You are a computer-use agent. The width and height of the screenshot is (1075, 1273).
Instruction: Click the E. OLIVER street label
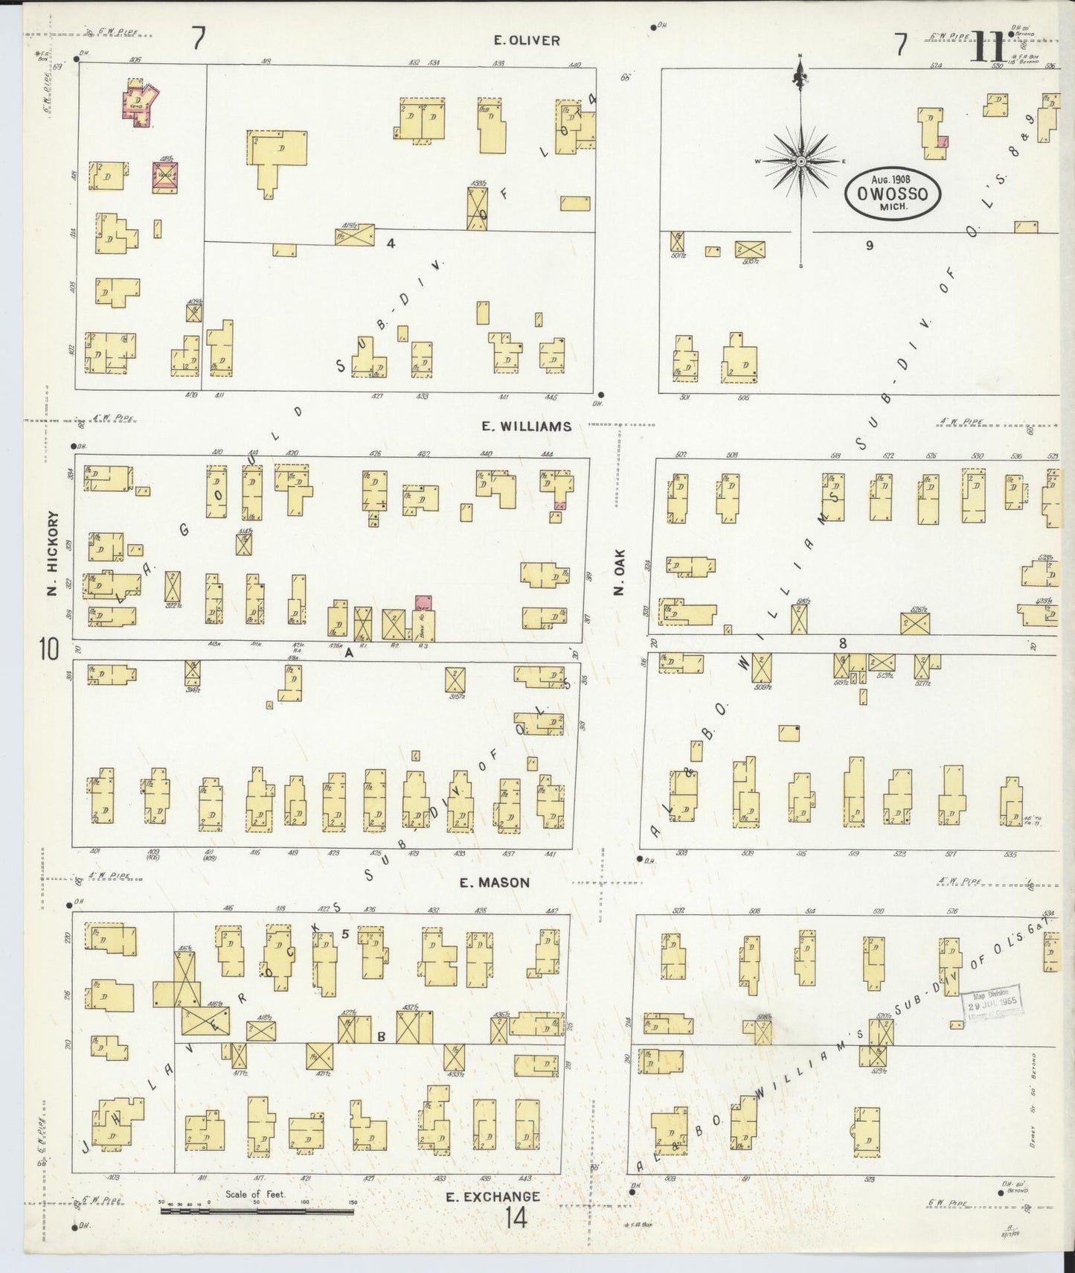pyautogui.click(x=527, y=40)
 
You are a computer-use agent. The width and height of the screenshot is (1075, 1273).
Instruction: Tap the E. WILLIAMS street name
pyautogui.click(x=526, y=427)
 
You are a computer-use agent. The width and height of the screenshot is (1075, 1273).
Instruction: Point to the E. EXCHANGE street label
pyautogui.click(x=492, y=1197)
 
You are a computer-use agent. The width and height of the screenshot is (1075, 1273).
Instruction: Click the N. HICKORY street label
pyautogui.click(x=52, y=553)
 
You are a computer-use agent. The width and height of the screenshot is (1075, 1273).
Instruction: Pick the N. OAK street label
pyautogui.click(x=618, y=572)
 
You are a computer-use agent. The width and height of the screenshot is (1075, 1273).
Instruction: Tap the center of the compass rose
pyautogui.click(x=801, y=161)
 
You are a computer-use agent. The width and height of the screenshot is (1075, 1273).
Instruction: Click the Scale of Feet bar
pyautogui.click(x=257, y=1212)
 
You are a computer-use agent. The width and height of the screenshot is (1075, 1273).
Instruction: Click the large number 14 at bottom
pyautogui.click(x=514, y=1219)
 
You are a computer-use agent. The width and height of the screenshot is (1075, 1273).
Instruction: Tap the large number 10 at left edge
pyautogui.click(x=49, y=650)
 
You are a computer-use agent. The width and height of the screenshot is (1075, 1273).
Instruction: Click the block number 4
pyautogui.click(x=389, y=242)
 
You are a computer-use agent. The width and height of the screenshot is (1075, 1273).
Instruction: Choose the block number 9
pyautogui.click(x=868, y=246)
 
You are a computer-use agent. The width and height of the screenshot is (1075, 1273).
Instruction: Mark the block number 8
pyautogui.click(x=842, y=643)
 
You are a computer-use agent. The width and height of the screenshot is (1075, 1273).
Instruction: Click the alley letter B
pyautogui.click(x=381, y=1036)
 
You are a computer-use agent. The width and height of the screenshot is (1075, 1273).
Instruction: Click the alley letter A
pyautogui.click(x=347, y=652)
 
